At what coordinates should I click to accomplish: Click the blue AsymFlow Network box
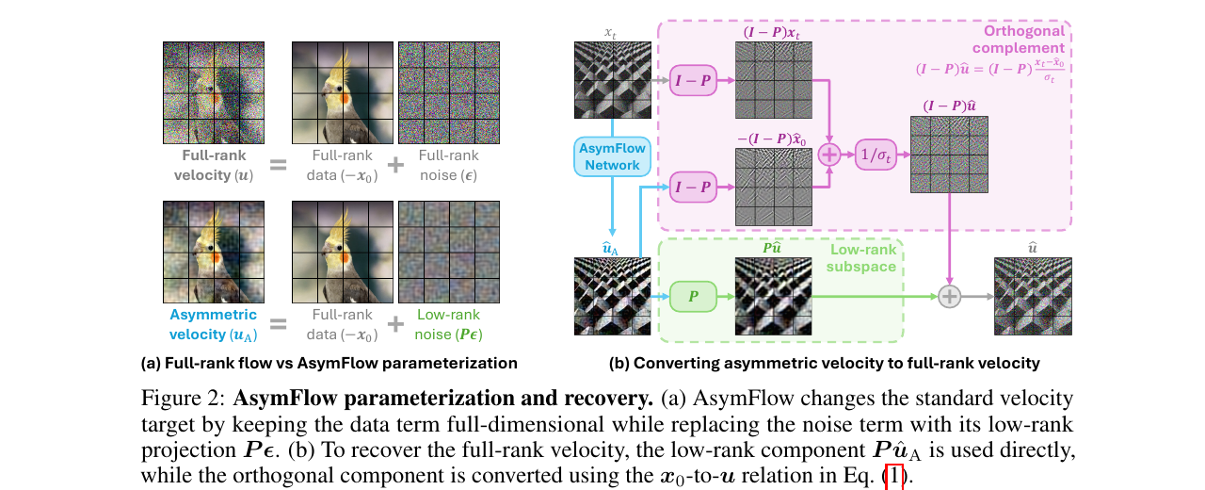(x=612, y=156)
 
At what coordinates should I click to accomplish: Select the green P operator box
(x=693, y=296)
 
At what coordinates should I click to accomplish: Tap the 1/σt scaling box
(x=876, y=155)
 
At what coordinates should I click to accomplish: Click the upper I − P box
(x=693, y=80)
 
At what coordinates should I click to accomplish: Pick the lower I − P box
(x=693, y=187)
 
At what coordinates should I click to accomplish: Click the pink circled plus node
(x=829, y=155)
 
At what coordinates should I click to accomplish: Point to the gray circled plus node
(x=950, y=297)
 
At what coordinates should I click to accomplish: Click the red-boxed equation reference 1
(x=894, y=476)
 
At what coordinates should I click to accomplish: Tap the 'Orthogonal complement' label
(x=1019, y=40)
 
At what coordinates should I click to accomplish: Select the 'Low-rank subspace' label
(x=861, y=258)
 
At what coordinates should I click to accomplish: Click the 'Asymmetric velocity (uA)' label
(x=213, y=325)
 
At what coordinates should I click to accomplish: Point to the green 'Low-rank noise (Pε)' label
(x=448, y=325)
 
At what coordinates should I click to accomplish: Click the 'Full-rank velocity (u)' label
(x=214, y=165)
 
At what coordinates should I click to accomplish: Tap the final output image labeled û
(x=1033, y=296)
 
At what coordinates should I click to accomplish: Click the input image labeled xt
(x=613, y=80)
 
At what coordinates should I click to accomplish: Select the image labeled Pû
(x=774, y=296)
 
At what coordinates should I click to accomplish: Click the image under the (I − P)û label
(x=950, y=155)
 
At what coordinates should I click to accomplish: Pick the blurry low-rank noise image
(x=449, y=252)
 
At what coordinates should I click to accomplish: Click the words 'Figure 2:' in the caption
(x=183, y=399)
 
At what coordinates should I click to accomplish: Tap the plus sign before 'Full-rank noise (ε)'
(x=395, y=165)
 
